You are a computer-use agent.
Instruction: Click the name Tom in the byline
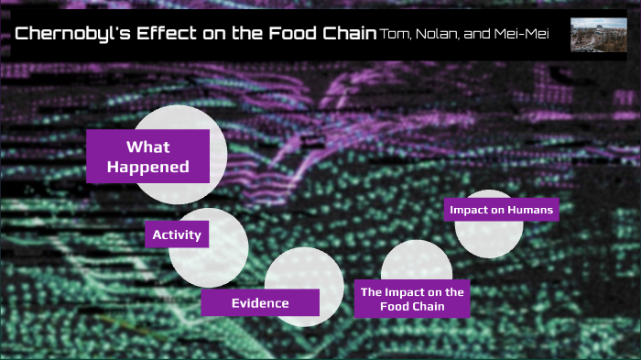coord(396,35)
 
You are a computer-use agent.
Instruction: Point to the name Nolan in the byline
coord(438,35)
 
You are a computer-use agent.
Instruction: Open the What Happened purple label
coord(147,156)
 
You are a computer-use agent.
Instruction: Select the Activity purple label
coord(176,235)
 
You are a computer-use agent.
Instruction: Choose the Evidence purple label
coord(260,302)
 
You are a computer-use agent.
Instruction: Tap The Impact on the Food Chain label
coord(412,299)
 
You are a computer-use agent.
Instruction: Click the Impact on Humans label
coord(501,210)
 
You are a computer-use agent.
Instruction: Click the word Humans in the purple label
coord(531,210)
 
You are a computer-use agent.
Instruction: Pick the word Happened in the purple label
coord(147,167)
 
